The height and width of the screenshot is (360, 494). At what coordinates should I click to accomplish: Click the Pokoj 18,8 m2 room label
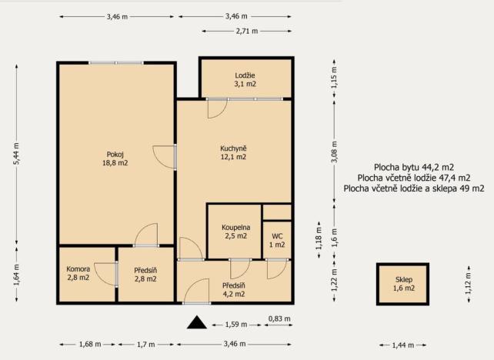click(x=115, y=158)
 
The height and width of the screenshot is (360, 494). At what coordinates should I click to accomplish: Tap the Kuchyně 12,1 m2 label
click(x=233, y=152)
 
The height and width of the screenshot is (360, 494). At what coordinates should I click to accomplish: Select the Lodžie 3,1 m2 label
click(x=245, y=79)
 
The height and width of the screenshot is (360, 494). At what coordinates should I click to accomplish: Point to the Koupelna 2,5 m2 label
click(x=236, y=232)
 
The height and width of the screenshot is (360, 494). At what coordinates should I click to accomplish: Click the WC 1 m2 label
click(x=277, y=240)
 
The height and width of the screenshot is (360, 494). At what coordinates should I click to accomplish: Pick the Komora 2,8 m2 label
click(x=78, y=273)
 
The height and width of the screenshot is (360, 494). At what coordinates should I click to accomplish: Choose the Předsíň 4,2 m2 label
click(x=234, y=290)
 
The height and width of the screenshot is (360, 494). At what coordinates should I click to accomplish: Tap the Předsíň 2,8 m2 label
click(x=145, y=275)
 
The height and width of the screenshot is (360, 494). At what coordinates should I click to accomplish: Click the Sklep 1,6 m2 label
click(x=404, y=284)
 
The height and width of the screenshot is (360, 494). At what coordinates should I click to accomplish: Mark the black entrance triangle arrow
click(x=197, y=322)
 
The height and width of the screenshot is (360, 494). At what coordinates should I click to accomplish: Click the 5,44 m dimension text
click(x=16, y=154)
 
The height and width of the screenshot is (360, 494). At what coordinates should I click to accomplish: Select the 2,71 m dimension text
click(x=247, y=32)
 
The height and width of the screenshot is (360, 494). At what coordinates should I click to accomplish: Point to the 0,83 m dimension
click(x=279, y=318)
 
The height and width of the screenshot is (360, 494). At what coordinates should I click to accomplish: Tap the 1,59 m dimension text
click(x=236, y=325)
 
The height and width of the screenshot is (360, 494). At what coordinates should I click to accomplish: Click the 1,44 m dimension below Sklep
click(x=403, y=345)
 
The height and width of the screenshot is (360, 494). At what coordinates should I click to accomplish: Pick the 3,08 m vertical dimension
click(x=334, y=152)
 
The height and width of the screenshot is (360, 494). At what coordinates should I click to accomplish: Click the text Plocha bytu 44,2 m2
click(x=414, y=167)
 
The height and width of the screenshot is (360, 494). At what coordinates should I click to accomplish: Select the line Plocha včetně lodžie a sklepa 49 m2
click(x=414, y=188)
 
